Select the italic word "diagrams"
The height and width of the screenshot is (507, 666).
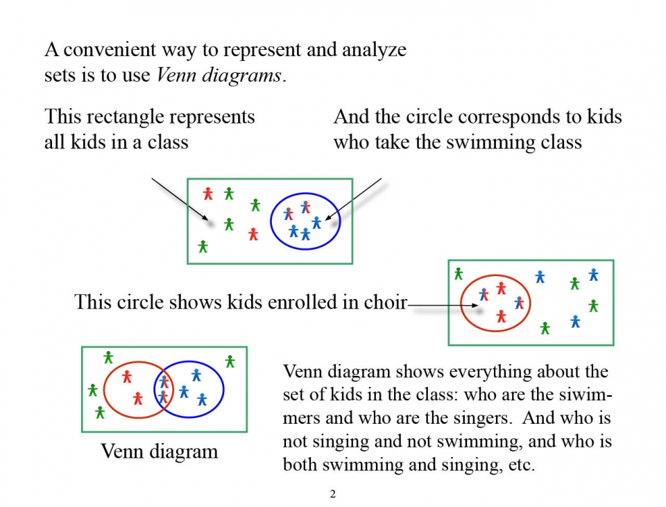click(241, 76)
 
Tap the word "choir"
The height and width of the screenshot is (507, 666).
click(386, 302)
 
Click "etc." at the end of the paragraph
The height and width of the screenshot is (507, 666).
click(522, 465)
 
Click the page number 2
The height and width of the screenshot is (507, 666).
click(332, 494)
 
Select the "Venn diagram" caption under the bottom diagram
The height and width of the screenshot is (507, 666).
click(160, 451)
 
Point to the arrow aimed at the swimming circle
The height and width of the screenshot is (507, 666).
click(353, 199)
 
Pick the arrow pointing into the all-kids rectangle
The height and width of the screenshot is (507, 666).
click(180, 199)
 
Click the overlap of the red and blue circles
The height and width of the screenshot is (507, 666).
click(164, 390)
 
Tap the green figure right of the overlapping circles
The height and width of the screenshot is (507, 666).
click(230, 361)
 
